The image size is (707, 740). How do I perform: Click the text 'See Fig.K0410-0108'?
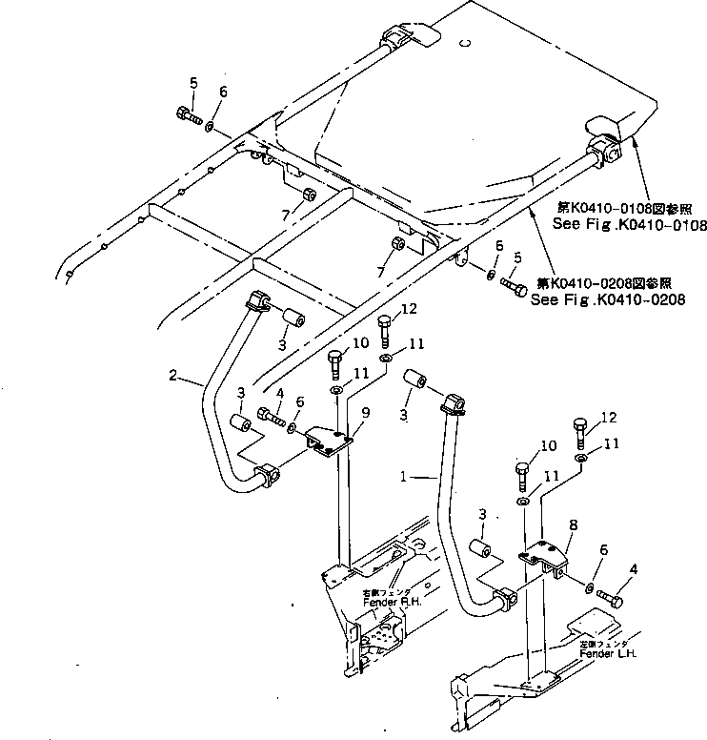coord(630,225)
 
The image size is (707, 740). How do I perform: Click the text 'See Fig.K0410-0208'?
coord(608,298)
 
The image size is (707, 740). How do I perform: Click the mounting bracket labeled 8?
coord(544,560)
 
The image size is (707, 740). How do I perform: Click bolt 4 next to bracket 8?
coord(610,599)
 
